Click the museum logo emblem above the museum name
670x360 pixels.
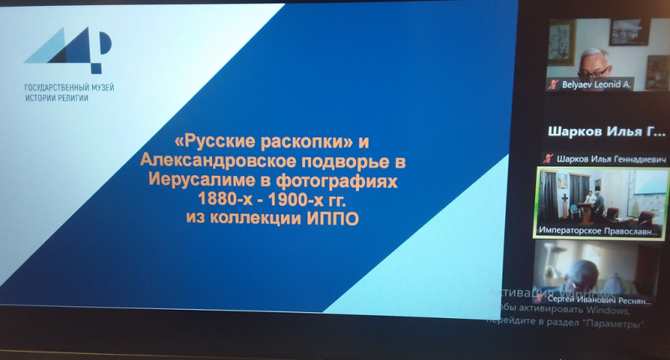(68, 50)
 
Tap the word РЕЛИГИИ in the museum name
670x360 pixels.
(71, 98)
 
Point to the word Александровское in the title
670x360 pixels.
(217, 160)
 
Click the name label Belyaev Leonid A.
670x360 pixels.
(595, 85)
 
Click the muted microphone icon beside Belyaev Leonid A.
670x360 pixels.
(552, 85)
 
